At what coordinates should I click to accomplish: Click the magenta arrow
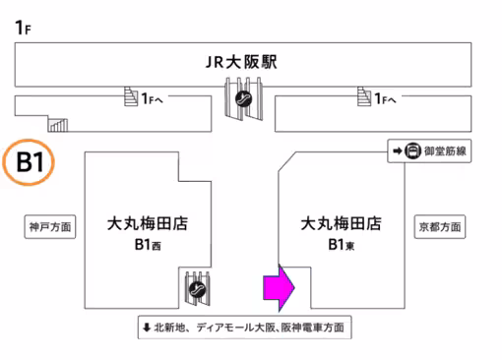279,287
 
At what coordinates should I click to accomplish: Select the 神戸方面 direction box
49,226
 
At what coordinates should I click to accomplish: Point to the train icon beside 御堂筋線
413,150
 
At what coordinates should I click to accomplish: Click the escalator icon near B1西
198,289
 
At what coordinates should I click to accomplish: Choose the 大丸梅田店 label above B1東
341,224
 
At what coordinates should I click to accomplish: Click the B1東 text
342,245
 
